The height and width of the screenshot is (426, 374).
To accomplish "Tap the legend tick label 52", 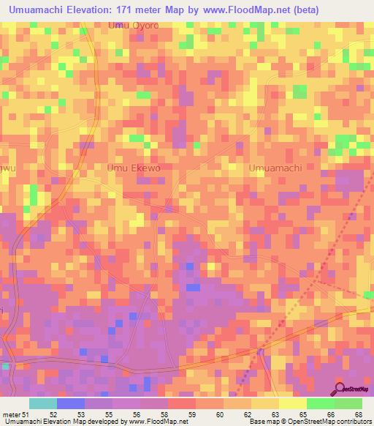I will pos(53,415).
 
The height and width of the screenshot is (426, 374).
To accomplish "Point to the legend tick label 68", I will pos(358,415).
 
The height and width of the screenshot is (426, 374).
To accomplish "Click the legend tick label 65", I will pos(302,415).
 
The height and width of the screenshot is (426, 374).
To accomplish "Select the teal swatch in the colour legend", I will pos(42,403).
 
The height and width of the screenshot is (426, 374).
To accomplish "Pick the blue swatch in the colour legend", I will pos(70,403).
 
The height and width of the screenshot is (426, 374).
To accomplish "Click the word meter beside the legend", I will pos(12,415).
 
